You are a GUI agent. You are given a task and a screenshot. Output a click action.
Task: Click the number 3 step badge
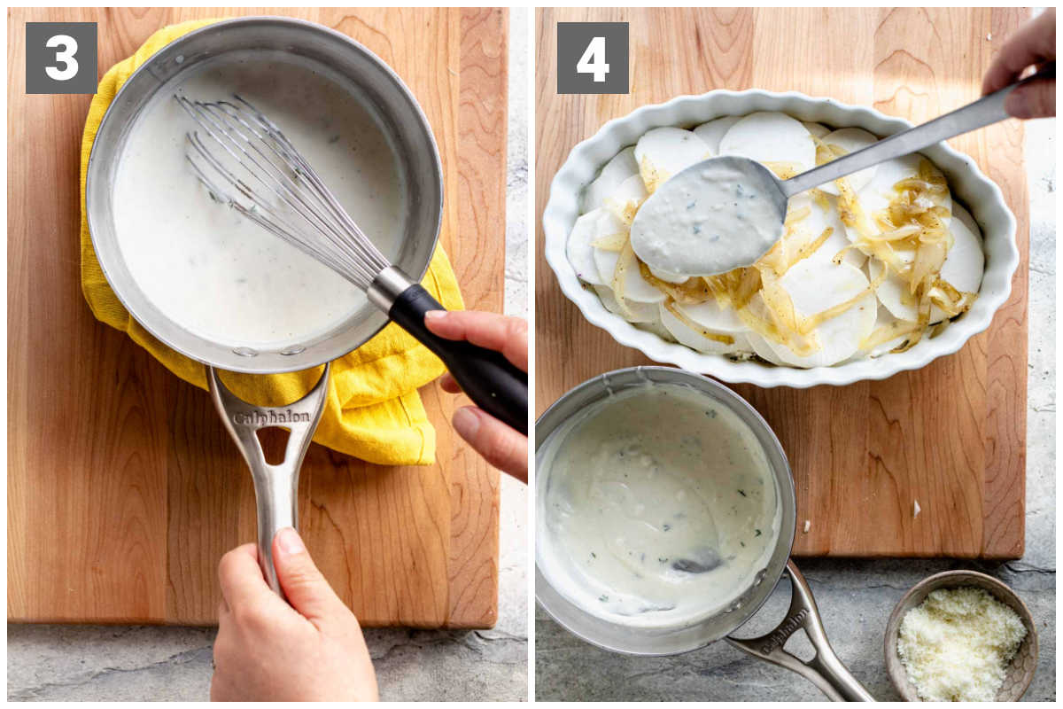pyautogui.click(x=61, y=58)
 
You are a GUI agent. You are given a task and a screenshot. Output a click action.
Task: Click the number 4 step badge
pyautogui.click(x=593, y=58)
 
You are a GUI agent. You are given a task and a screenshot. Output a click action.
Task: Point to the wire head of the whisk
pyautogui.click(x=280, y=190)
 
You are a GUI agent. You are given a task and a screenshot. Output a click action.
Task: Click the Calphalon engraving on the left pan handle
pyautogui.click(x=272, y=418)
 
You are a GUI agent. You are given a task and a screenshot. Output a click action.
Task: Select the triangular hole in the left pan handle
pyautogui.click(x=274, y=445)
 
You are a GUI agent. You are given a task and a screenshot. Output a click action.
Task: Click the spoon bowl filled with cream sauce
pyautogui.click(x=707, y=216)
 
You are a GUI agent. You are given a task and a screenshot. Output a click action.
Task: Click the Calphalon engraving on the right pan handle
pyautogui.click(x=786, y=632)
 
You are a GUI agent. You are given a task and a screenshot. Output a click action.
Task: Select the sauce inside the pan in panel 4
pyautogui.click(x=660, y=503)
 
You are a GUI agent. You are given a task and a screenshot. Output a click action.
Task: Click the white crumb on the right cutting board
pyautogui.click(x=917, y=509)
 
